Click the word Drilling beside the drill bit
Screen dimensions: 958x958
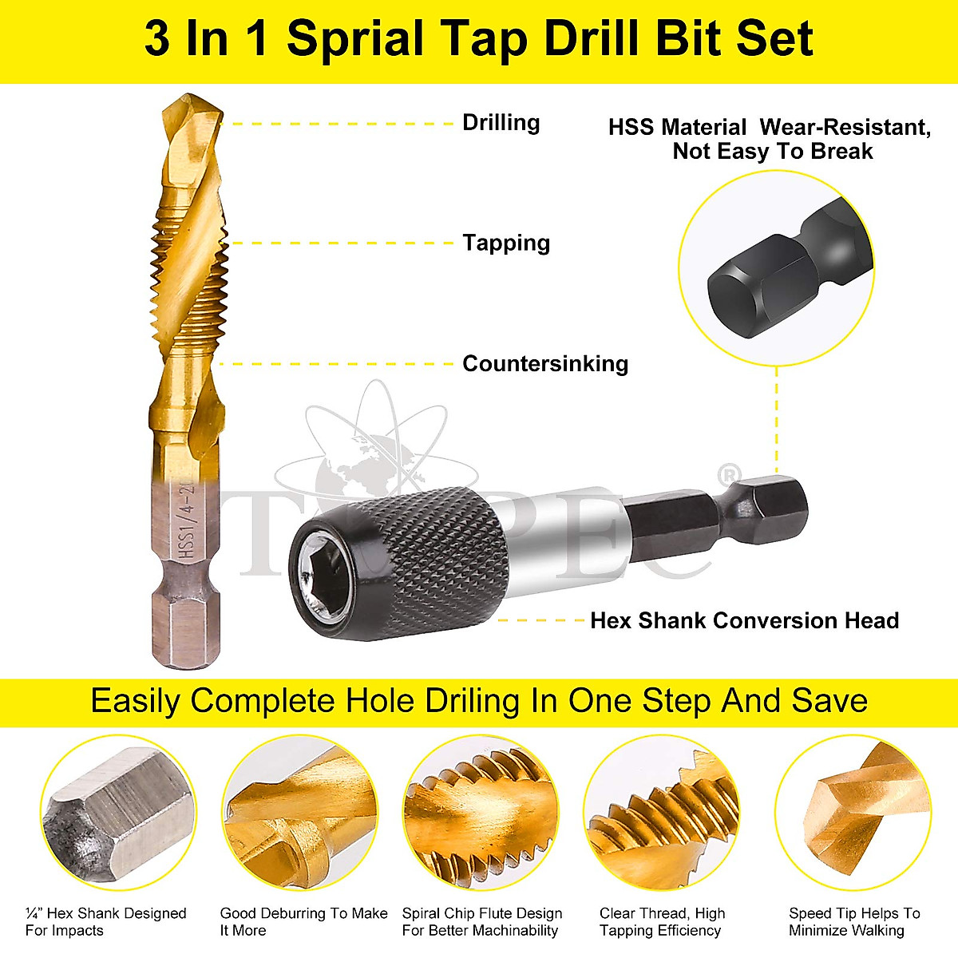(x=501, y=123)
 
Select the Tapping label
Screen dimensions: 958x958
(x=506, y=243)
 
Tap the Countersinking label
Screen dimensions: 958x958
(x=545, y=364)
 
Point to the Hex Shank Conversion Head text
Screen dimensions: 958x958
(x=744, y=620)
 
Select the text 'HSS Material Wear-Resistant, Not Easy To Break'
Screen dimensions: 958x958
(x=770, y=139)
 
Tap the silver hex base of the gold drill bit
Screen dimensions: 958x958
(x=180, y=623)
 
